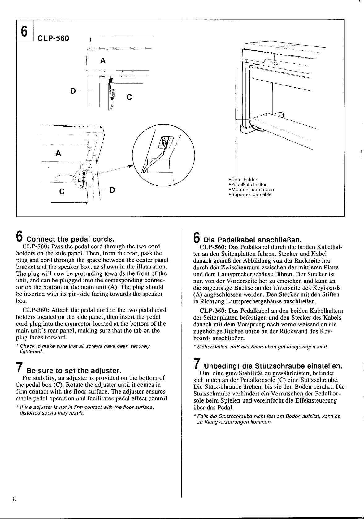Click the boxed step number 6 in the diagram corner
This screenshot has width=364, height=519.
[24, 30]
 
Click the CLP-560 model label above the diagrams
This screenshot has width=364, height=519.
[53, 39]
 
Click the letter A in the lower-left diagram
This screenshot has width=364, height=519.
[58, 153]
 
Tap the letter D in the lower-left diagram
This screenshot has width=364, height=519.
[112, 190]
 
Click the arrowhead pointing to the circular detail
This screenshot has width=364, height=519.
[130, 166]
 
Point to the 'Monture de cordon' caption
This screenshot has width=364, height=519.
[251, 190]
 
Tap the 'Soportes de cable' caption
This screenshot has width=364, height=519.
[249, 194]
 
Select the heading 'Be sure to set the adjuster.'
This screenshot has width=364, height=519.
[73, 371]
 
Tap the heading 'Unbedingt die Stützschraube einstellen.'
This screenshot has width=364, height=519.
[271, 366]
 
